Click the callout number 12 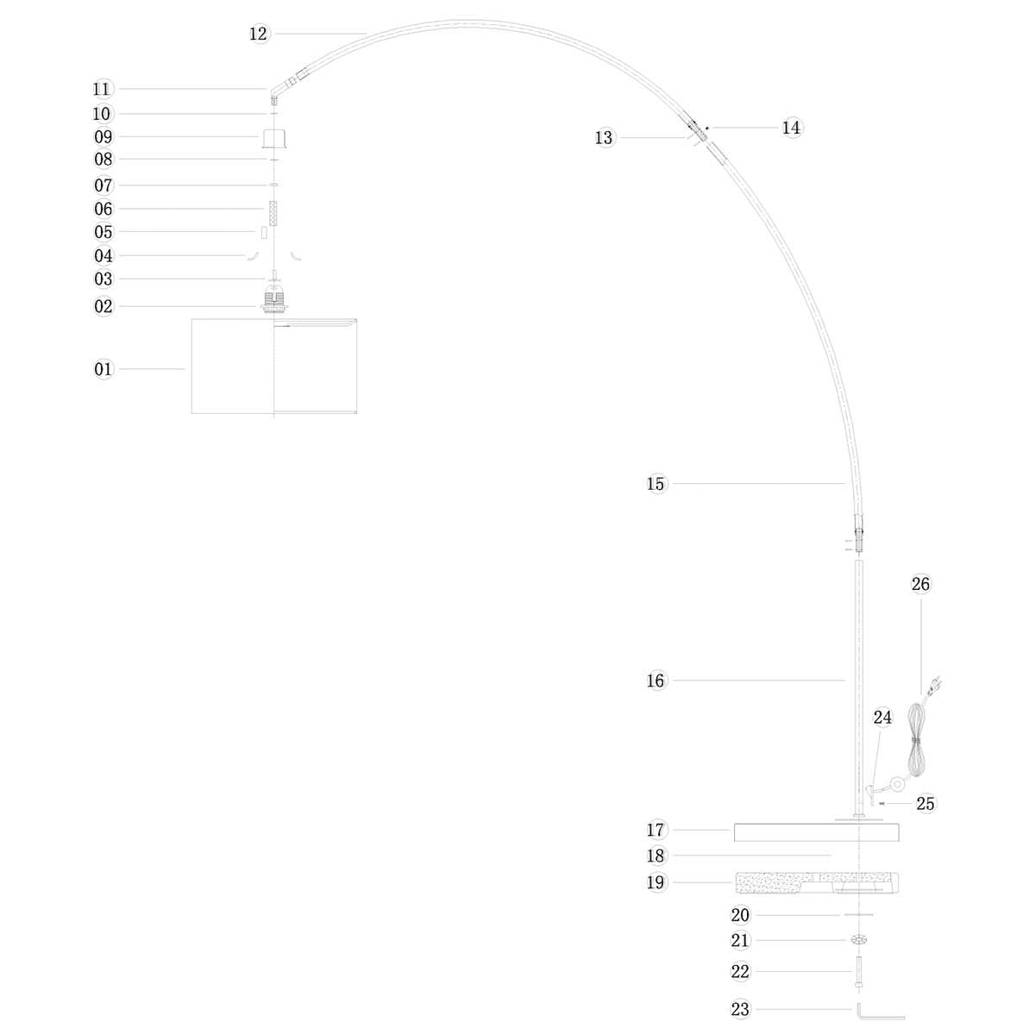coord(259,34)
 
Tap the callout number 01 coord(103,369)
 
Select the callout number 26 coord(920,584)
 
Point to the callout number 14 coord(791,128)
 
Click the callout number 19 coord(655,882)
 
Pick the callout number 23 coord(740,1008)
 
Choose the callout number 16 coord(655,681)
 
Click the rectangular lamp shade coord(274,367)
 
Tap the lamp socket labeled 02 coord(274,299)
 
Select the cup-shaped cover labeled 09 coord(274,138)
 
